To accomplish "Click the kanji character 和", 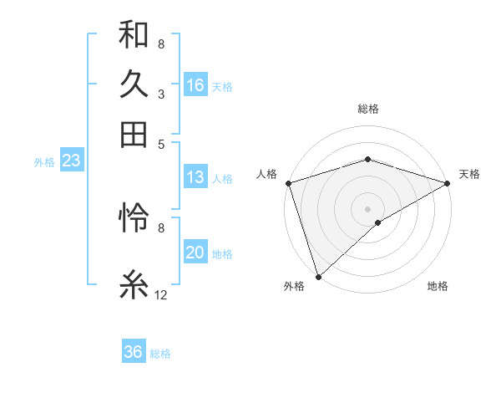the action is tap(134, 35).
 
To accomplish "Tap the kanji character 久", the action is tap(134, 84).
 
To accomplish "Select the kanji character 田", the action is tap(134, 134).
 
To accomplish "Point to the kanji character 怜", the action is tap(134, 217).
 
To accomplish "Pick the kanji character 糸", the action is tap(134, 284).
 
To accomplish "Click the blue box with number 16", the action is tap(195, 85).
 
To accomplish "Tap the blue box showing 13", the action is tap(195, 177).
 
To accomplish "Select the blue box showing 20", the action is tap(195, 253).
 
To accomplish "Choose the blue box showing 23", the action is tap(71, 161).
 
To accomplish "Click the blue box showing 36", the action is tap(134, 352).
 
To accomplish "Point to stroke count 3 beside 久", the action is tap(160, 94).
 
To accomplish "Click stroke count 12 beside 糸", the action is tap(161, 294).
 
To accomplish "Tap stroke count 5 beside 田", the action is tap(160, 143).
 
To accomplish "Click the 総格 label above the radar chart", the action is tap(368, 109).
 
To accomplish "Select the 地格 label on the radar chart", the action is tap(438, 287).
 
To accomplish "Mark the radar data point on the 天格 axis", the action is tap(448, 183).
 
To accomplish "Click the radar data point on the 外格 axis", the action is tap(318, 277).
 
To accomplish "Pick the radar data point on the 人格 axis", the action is tap(288, 183).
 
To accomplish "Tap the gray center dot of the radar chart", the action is tap(368, 208).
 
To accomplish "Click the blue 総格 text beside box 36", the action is tap(160, 354).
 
